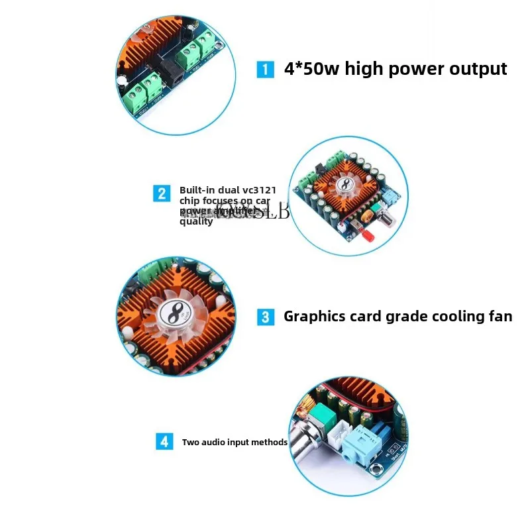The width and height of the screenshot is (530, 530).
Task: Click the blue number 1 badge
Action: pos(265,70)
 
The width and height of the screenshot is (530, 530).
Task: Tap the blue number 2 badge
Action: pos(162,193)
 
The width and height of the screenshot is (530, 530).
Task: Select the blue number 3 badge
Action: pos(265,317)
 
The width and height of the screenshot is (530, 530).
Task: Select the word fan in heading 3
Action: pos(498,316)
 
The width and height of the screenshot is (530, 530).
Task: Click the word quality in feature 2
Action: pos(196,222)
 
